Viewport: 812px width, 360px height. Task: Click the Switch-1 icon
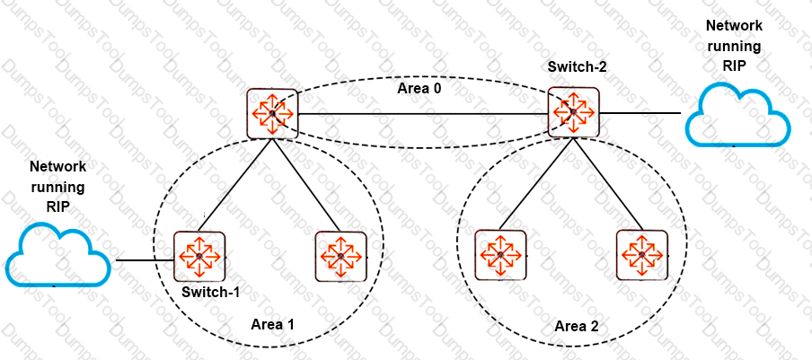click(x=199, y=256)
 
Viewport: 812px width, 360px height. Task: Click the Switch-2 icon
click(x=574, y=112)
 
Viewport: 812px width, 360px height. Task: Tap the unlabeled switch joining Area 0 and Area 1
click(x=272, y=113)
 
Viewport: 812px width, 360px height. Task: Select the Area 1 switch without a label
click(x=340, y=257)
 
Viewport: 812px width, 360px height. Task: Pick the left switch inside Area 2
click(x=501, y=255)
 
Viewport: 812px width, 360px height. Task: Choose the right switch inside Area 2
click(x=642, y=255)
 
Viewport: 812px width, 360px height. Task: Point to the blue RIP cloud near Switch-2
click(x=738, y=115)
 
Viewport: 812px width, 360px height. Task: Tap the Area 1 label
click(x=272, y=324)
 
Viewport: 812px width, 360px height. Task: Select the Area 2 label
click(x=577, y=327)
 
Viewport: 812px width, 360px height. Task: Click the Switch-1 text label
click(x=210, y=293)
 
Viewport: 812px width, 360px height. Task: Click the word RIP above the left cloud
click(x=57, y=206)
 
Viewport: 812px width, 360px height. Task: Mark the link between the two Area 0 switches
click(x=423, y=113)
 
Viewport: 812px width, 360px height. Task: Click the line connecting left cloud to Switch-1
click(x=145, y=260)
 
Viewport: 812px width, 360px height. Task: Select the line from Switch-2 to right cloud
click(x=640, y=112)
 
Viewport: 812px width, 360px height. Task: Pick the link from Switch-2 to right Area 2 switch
click(x=607, y=184)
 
